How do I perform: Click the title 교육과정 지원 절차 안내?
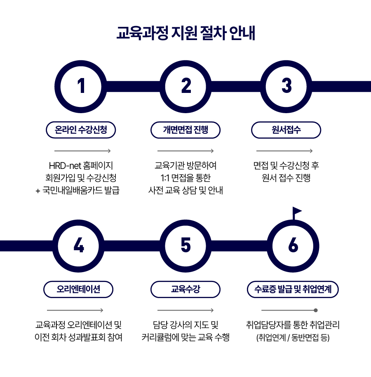[x=185, y=33]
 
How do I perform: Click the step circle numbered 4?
[x=78, y=246]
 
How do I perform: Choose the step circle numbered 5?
[x=185, y=246]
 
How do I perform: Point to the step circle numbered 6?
[x=293, y=246]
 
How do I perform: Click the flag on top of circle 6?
[x=296, y=213]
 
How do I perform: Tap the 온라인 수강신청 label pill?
[x=81, y=130]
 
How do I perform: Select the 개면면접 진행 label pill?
[x=185, y=130]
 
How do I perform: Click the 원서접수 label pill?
[x=286, y=130]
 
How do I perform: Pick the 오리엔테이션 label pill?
[x=78, y=289]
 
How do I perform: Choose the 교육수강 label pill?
[x=185, y=289]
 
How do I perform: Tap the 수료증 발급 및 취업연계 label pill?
[x=293, y=289]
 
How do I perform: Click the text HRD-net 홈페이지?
[x=81, y=166]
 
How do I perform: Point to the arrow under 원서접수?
[x=284, y=151]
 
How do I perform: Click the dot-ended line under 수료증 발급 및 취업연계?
[x=289, y=310]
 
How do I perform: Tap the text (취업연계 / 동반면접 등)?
[x=293, y=337]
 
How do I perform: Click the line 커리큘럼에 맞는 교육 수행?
[x=185, y=337]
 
